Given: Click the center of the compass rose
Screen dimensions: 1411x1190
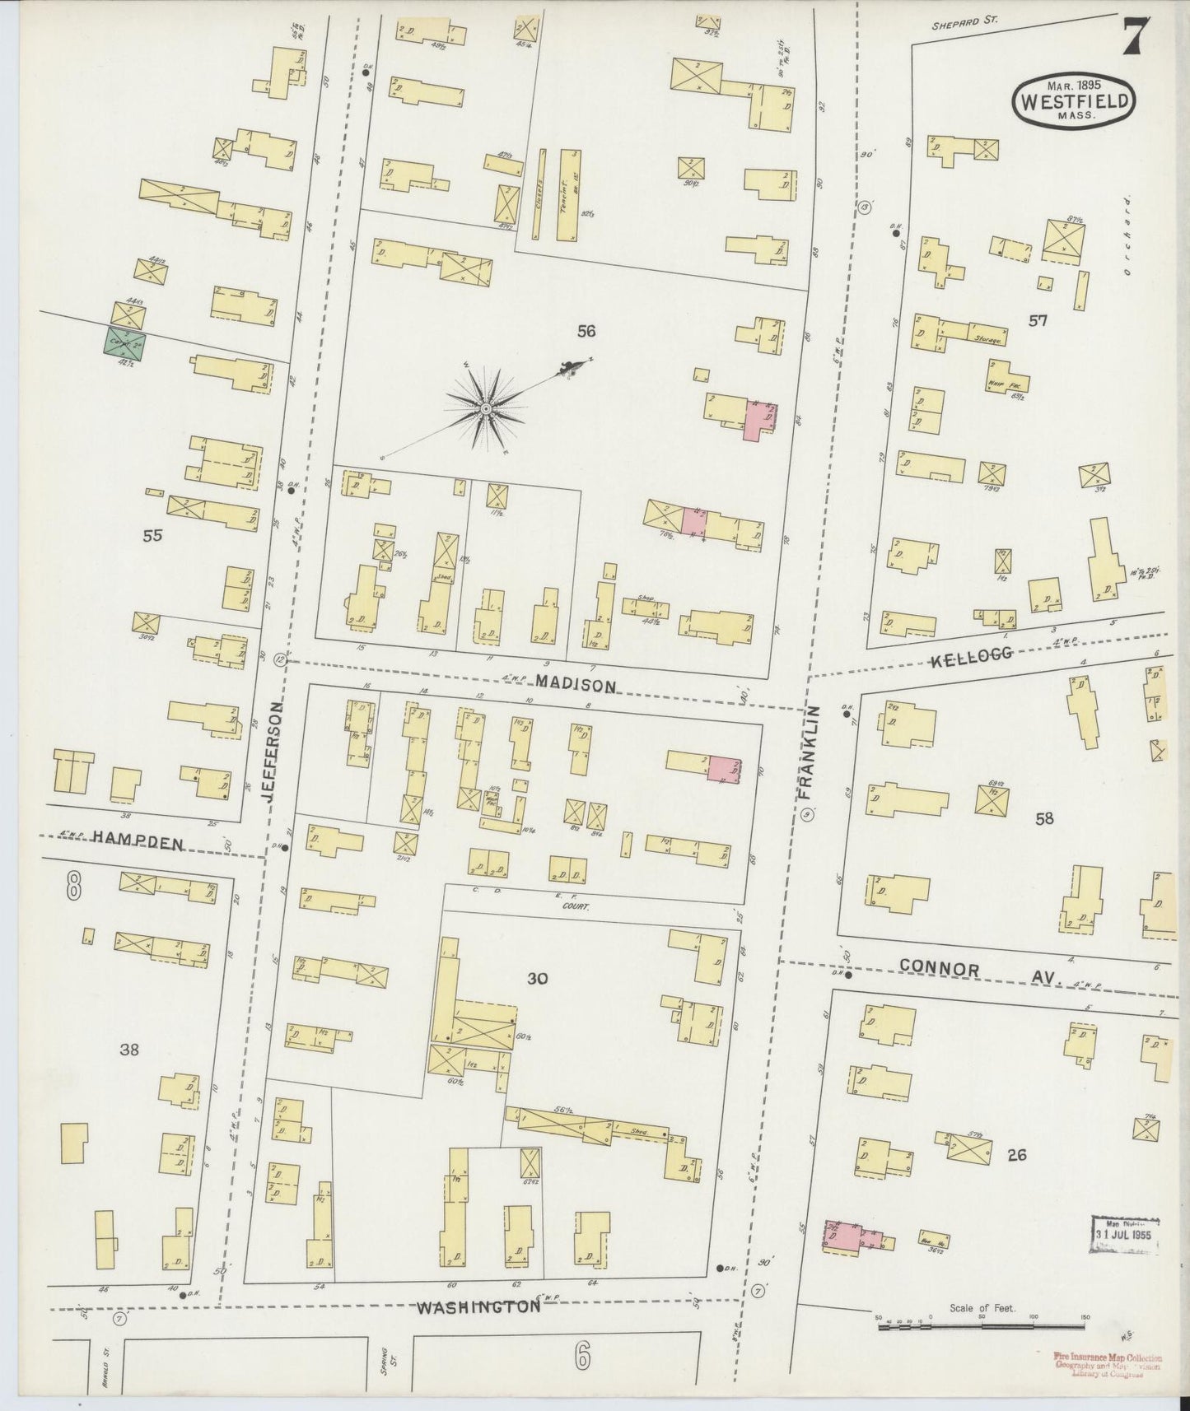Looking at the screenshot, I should tap(486, 408).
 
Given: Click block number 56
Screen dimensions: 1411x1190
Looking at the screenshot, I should tap(586, 331).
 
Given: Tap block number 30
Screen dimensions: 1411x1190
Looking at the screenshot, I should tap(538, 979).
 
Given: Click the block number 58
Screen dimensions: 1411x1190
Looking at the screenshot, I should tap(1044, 819).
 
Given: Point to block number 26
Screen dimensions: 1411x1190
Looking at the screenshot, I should tap(1016, 1155).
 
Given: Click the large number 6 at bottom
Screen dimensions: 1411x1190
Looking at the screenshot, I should tap(581, 1357).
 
